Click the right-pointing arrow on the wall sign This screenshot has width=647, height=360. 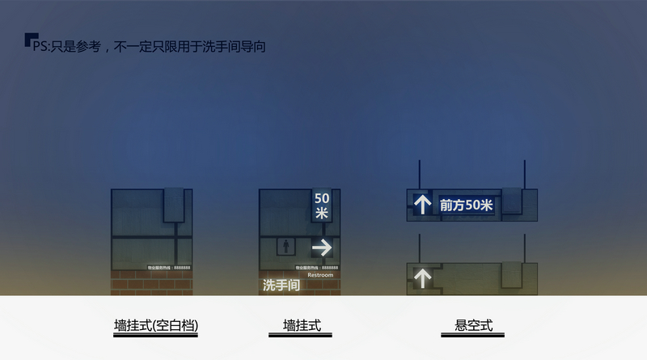pyautogui.click(x=322, y=247)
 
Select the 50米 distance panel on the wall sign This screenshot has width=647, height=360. pyautogui.click(x=322, y=205)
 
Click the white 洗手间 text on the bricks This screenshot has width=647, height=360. pyautogui.click(x=281, y=285)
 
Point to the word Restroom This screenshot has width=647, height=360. pyautogui.click(x=320, y=275)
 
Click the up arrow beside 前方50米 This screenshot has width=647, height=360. pyautogui.click(x=422, y=205)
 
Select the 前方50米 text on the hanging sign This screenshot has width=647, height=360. pyautogui.click(x=467, y=205)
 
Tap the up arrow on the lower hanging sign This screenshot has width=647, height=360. pyautogui.click(x=422, y=278)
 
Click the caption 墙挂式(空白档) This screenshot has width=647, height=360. pyautogui.click(x=156, y=326)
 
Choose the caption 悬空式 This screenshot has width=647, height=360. pyautogui.click(x=473, y=326)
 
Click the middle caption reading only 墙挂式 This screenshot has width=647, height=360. pyautogui.click(x=302, y=326)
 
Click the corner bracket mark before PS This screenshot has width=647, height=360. pyautogui.click(x=29, y=39)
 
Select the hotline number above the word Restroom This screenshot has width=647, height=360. pyautogui.click(x=317, y=267)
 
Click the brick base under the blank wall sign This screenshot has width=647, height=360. pyautogui.click(x=151, y=282)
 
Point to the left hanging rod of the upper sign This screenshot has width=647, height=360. pyautogui.click(x=420, y=175)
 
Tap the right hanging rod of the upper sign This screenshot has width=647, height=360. pyautogui.click(x=524, y=175)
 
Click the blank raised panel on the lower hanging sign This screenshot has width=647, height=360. pyautogui.click(x=512, y=274)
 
